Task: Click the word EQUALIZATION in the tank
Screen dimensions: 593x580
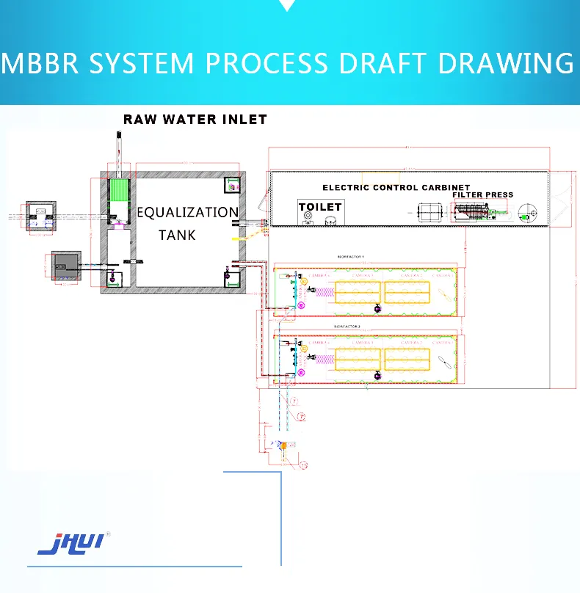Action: coord(188,213)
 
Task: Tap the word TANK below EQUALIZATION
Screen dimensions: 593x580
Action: coord(177,235)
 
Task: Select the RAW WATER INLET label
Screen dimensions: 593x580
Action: coord(195,119)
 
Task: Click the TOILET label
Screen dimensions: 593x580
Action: coord(320,207)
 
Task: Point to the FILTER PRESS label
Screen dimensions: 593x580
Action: coord(483,194)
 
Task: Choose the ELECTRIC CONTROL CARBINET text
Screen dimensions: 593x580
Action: coord(396,188)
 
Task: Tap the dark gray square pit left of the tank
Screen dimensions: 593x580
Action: coord(65,264)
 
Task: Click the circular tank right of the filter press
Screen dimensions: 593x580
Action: coord(527,214)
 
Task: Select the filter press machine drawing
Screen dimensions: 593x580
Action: coord(475,213)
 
